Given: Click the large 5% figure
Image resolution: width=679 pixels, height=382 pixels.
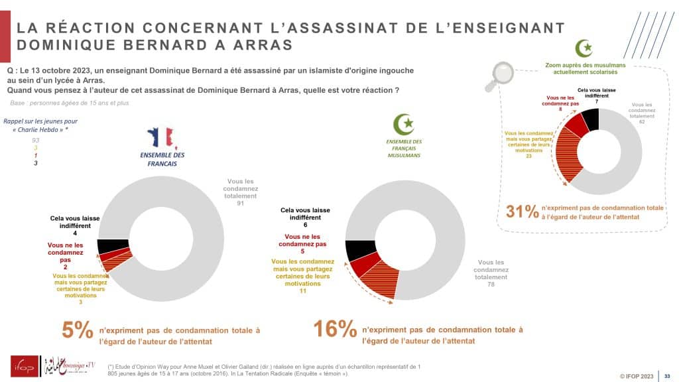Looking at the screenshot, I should coord(77,330).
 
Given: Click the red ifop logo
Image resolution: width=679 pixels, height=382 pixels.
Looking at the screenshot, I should coord(25,365).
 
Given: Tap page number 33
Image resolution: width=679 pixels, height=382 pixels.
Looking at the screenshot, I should coord(667,375).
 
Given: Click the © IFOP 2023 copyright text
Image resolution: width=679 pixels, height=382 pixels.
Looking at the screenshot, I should coord(638,375).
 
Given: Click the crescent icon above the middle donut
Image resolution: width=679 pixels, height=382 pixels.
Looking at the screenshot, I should coord(404,124).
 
